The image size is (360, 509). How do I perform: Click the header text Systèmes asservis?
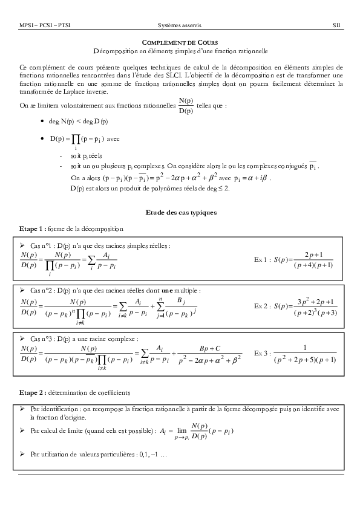pyautogui.click(x=180, y=26)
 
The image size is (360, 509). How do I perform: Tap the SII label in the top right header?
pyautogui.click(x=336, y=26)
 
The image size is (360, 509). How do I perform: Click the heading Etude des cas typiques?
pyautogui.click(x=180, y=213)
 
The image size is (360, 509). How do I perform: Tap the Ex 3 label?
pyautogui.click(x=262, y=352)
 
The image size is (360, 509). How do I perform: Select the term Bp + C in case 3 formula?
pyautogui.click(x=210, y=349)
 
